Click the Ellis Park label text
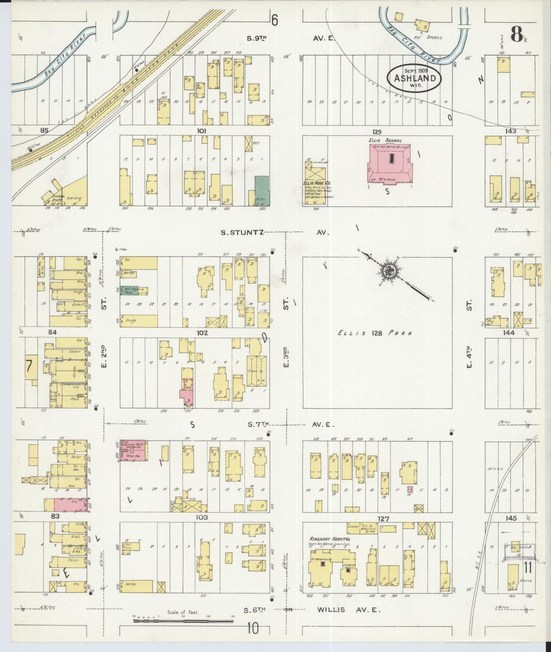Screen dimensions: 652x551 tap(375, 333)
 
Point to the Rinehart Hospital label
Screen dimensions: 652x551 tap(329, 539)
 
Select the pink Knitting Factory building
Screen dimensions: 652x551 tap(134, 451)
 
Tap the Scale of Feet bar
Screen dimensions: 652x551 tap(183, 621)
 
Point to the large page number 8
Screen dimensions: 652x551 tap(516, 35)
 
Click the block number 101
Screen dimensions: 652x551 tap(201, 131)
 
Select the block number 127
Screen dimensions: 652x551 tap(383, 519)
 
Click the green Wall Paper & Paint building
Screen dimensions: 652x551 tap(130, 291)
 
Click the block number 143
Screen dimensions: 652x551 tap(510, 131)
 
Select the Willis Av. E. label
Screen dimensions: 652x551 tap(349, 610)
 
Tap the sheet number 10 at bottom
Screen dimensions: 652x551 tap(252, 628)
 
